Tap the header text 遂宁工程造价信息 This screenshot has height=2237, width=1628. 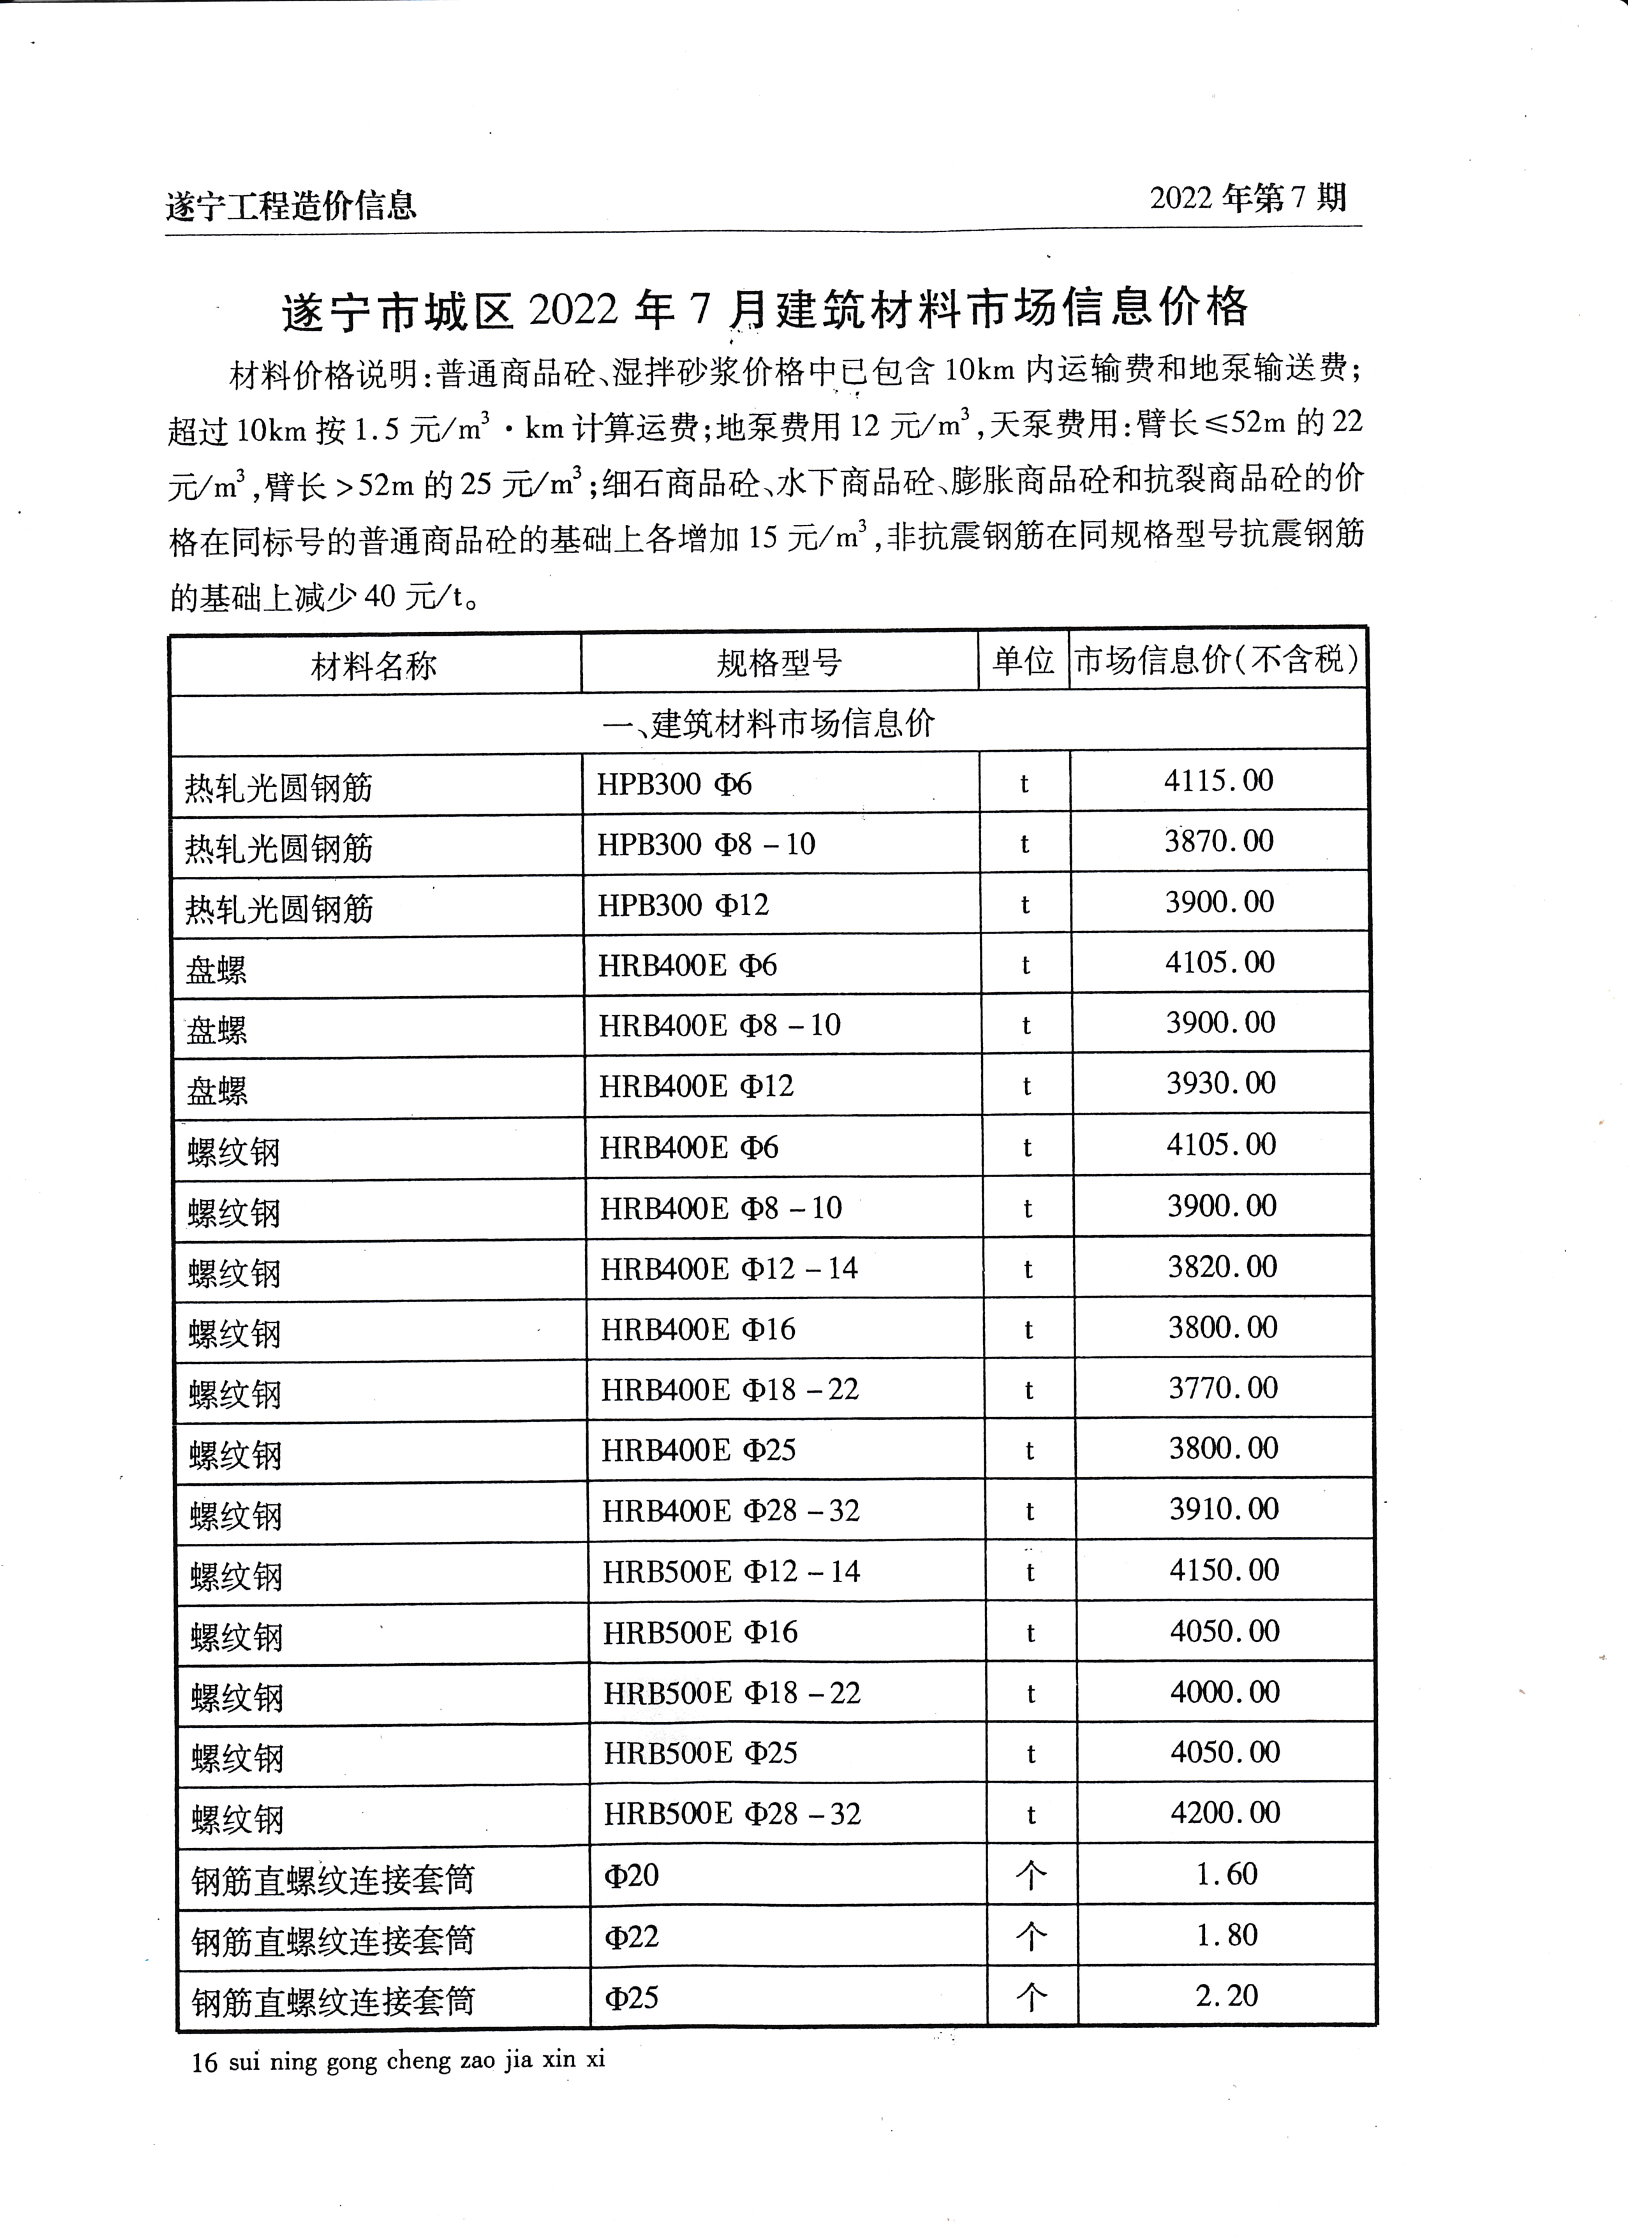pos(291,206)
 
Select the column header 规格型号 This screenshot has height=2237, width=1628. pos(778,663)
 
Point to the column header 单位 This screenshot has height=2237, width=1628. pos(1023,661)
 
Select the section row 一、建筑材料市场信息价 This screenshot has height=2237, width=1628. pos(769,724)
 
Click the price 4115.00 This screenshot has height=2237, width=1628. pos(1218,781)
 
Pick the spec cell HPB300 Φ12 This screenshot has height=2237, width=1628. pos(683,904)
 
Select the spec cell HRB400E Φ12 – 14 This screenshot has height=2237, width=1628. pos(729,1268)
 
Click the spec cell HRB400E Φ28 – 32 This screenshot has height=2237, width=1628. pos(731,1510)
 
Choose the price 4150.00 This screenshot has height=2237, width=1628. pos(1224,1569)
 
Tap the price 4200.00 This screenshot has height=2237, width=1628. pos(1225,1812)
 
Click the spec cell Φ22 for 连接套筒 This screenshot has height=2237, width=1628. pos(632,1936)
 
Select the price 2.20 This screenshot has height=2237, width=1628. pos(1227,1995)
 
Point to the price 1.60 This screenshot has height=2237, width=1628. pos(1227,1874)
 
